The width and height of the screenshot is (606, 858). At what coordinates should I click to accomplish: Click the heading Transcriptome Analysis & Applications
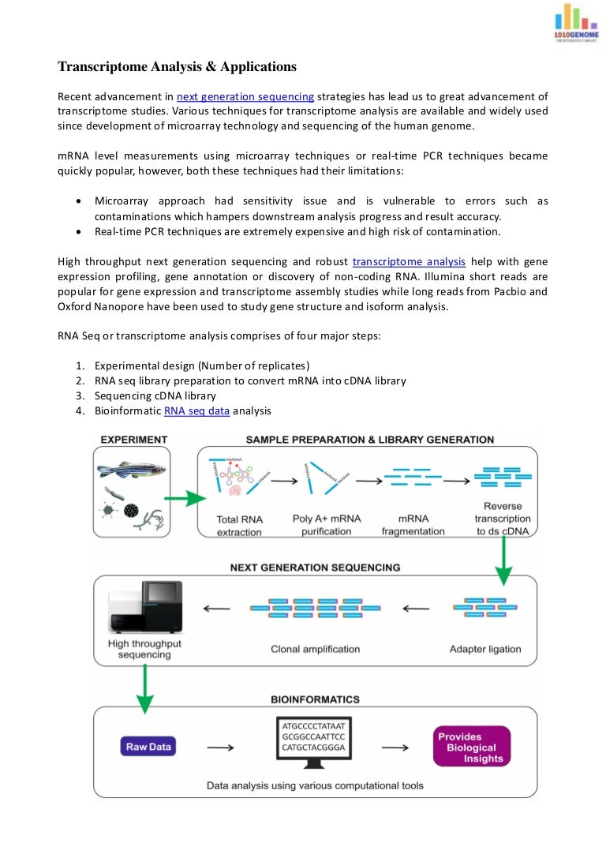178,67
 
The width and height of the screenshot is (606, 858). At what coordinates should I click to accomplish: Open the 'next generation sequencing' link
245,97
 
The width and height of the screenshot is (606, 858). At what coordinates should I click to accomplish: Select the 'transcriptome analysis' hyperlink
409,261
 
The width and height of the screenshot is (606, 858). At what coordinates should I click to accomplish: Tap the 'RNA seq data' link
196,411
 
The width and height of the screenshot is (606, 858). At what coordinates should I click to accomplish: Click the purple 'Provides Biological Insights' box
472,747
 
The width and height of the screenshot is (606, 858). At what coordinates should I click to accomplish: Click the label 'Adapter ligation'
485,649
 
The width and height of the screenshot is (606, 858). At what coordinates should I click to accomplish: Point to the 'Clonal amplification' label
315,649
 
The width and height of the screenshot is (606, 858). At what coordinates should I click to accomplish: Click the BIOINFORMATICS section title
315,699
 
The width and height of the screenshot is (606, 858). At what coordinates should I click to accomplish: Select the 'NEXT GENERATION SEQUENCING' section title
315,567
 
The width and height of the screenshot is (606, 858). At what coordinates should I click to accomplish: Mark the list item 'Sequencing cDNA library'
155,395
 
